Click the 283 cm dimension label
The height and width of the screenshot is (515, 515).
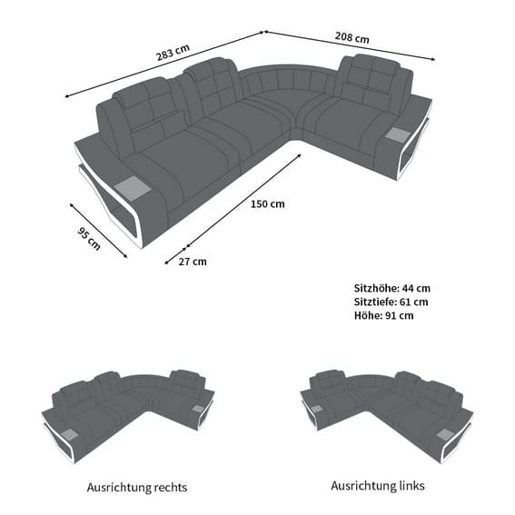point(173,53)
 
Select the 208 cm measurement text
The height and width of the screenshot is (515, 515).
point(352,37)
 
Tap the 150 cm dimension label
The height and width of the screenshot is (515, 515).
point(268,204)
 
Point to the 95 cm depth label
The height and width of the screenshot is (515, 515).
point(89,239)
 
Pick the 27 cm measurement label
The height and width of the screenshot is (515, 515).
point(193,262)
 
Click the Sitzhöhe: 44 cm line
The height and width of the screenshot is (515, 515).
point(392,288)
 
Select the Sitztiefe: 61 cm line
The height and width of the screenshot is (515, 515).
point(391,302)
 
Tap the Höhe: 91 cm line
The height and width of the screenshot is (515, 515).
point(384,316)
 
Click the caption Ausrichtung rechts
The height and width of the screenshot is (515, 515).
point(137,488)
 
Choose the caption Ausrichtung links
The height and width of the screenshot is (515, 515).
point(378,485)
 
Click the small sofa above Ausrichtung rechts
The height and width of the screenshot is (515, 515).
point(128,417)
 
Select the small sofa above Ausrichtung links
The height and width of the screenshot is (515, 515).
point(387,417)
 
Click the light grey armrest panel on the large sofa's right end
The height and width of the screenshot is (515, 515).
point(399,134)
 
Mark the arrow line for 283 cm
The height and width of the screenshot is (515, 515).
point(164,64)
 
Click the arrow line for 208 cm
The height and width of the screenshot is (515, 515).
point(350,45)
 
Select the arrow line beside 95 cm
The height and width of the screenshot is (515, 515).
point(98,231)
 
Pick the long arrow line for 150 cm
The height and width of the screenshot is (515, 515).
point(243,200)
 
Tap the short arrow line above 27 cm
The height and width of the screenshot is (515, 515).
point(175,255)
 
